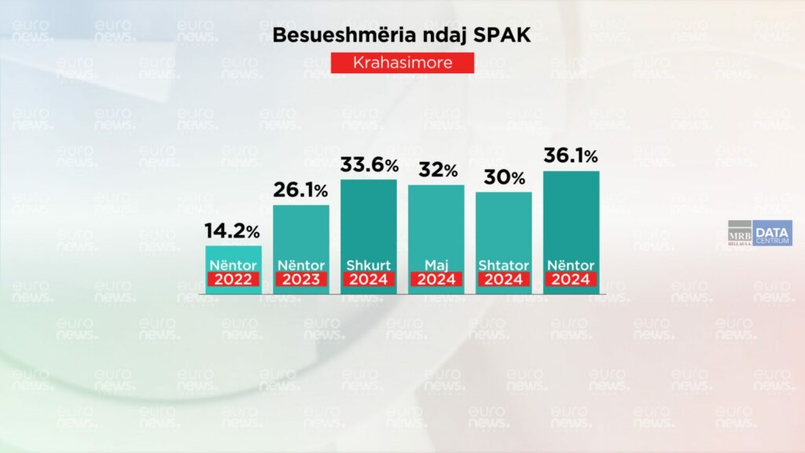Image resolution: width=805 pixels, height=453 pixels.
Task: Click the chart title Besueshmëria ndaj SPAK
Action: point(402,35)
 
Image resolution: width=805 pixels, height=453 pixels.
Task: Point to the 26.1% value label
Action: point(301,190)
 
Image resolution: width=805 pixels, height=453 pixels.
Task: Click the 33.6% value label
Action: point(369,165)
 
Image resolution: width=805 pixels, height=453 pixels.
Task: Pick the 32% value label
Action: point(436,171)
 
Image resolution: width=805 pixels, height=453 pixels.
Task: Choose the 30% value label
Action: point(504,178)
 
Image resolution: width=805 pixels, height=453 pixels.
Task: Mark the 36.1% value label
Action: point(572,157)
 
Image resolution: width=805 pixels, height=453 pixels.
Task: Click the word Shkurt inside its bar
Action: point(369,265)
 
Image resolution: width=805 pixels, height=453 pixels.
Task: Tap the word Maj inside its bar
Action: point(436,265)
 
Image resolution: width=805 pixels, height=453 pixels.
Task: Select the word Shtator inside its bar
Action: point(504,265)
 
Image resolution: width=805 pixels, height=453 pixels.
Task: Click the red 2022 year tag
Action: point(233,279)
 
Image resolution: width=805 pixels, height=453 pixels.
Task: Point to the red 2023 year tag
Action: point(301,279)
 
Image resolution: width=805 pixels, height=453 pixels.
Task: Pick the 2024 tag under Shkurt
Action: point(369,279)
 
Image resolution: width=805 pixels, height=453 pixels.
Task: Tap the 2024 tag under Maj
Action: point(436,279)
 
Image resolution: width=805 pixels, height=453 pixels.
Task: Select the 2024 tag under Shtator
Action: point(504,279)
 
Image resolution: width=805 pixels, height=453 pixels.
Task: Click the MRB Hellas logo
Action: point(739,234)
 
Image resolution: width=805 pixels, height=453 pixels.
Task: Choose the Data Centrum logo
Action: point(772,233)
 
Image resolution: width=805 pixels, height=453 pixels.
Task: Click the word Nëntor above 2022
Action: point(233,265)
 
